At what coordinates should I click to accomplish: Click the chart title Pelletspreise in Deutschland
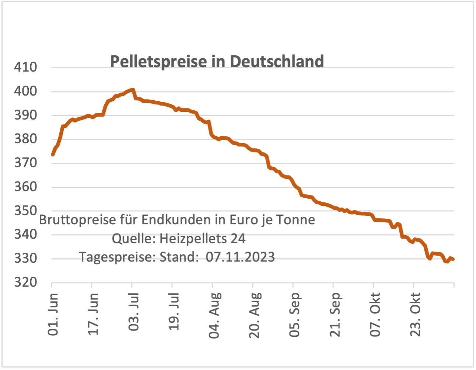click(x=217, y=61)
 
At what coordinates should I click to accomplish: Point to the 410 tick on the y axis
click(x=25, y=67)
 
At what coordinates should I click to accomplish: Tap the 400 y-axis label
click(x=25, y=91)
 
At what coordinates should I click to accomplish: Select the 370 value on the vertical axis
click(x=25, y=163)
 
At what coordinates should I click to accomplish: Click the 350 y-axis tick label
click(x=25, y=211)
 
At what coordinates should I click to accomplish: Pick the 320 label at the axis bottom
click(x=25, y=282)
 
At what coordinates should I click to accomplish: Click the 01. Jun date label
click(x=53, y=314)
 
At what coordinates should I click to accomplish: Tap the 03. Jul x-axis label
click(x=134, y=312)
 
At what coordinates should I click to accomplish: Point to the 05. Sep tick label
click(x=295, y=315)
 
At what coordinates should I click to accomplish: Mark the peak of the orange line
click(x=133, y=90)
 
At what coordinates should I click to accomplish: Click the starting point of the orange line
click(x=53, y=155)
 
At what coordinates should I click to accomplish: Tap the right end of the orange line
click(x=453, y=259)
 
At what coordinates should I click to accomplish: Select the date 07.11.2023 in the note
click(x=240, y=257)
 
